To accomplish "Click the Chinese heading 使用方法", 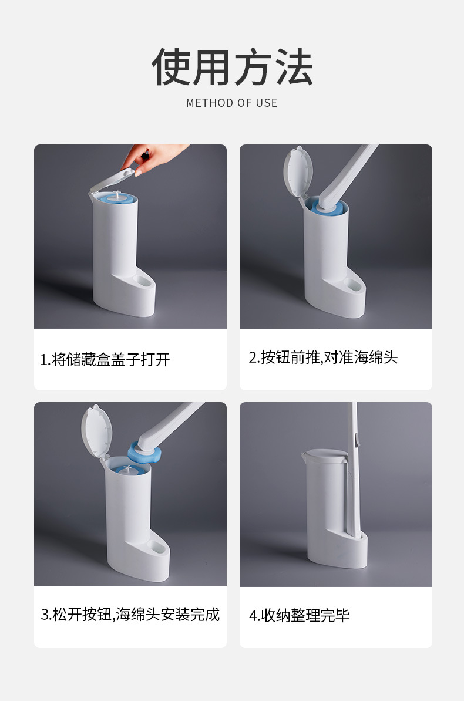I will click(232, 68).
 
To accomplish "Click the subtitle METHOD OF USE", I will click(232, 103).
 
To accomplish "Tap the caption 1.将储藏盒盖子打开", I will click(105, 359).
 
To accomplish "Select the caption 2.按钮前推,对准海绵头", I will click(324, 357).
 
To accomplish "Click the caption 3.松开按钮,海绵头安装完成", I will click(130, 615).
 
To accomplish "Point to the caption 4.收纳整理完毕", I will click(300, 615).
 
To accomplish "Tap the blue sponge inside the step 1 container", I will click(116, 200).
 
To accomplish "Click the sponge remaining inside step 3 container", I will click(127, 470).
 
